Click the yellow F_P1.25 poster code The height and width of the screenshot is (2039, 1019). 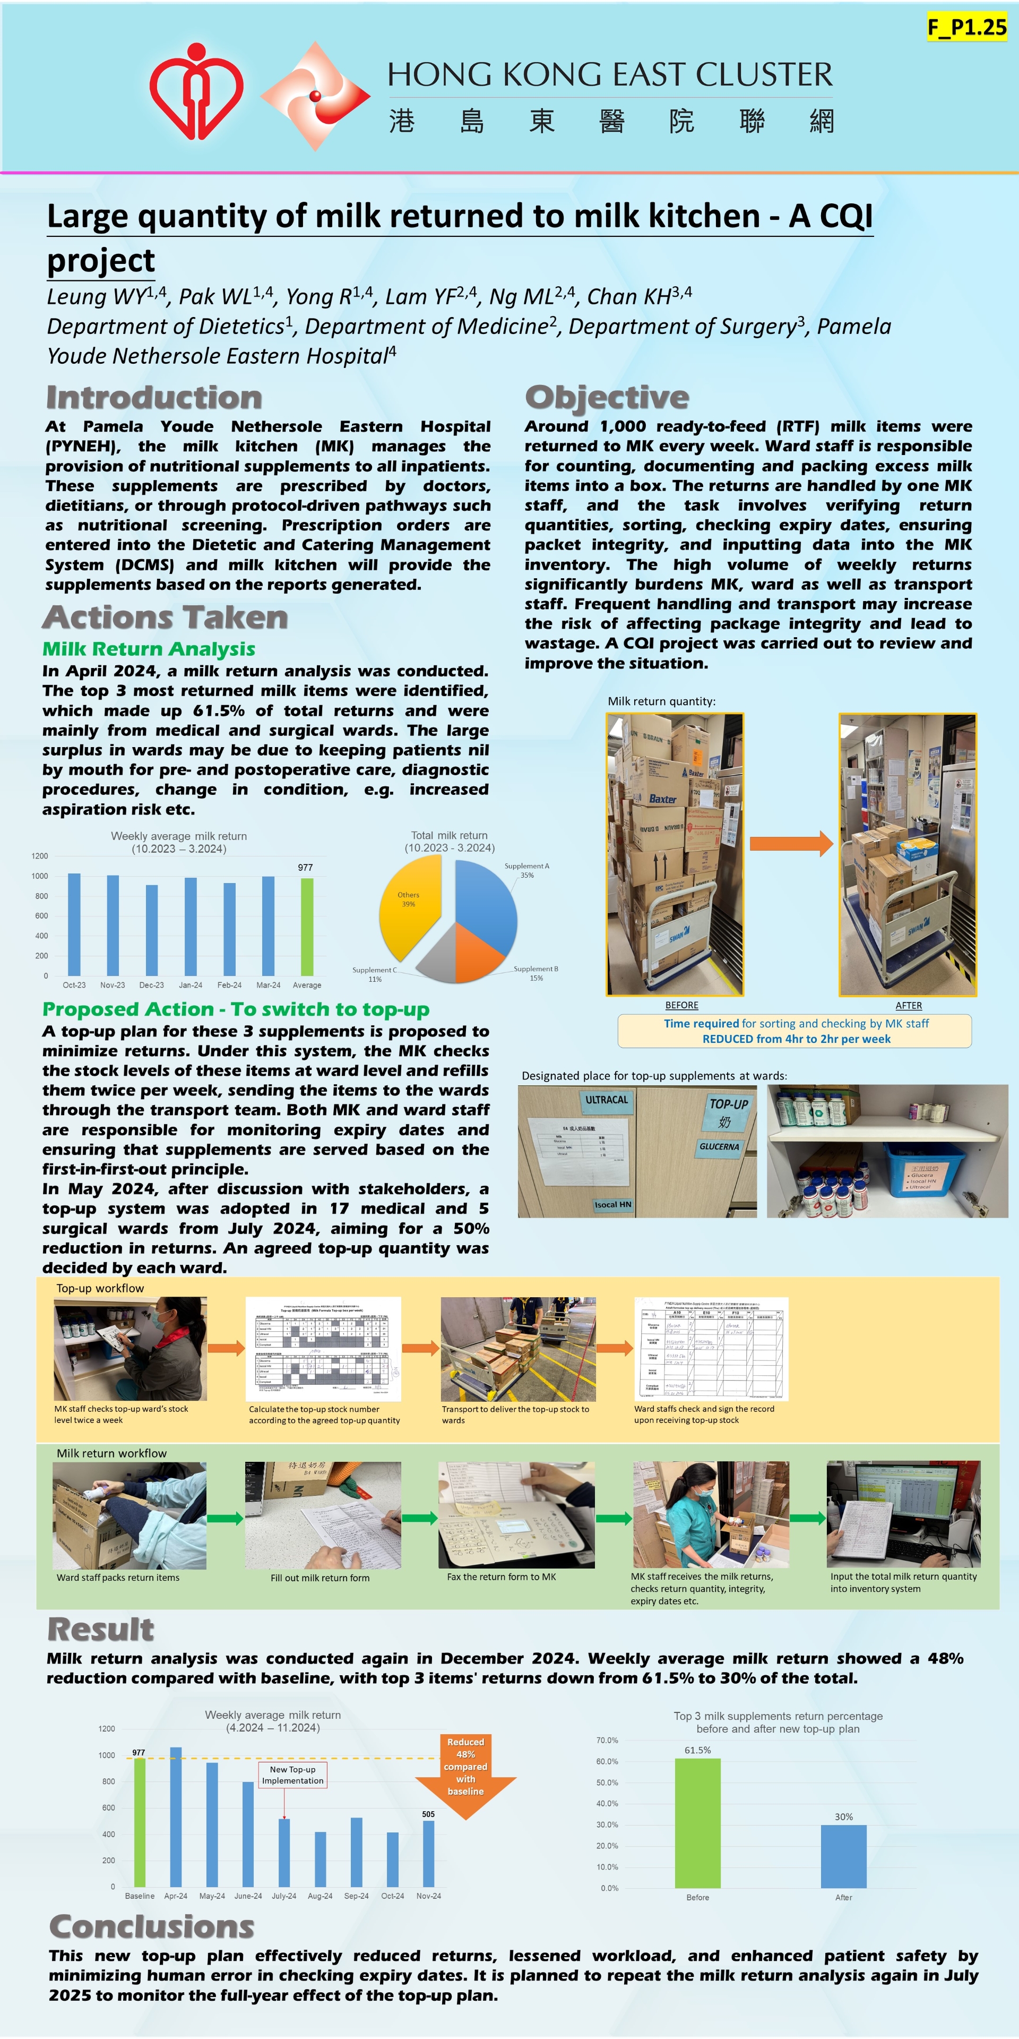click(x=967, y=28)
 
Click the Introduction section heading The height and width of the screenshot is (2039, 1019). click(x=154, y=397)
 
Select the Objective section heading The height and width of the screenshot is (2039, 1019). click(x=607, y=397)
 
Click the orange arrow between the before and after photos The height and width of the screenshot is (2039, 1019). click(x=790, y=843)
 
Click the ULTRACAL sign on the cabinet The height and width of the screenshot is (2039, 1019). click(x=607, y=1100)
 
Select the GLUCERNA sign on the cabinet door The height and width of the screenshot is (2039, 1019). click(x=719, y=1147)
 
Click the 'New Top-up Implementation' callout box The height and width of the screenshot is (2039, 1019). click(x=293, y=1775)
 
